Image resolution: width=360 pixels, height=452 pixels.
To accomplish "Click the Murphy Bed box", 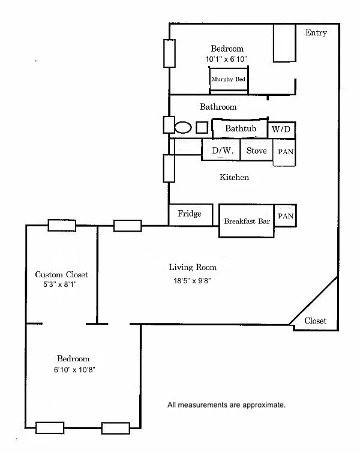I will (x=228, y=79).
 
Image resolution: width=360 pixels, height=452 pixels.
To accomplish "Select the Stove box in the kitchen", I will (x=256, y=151).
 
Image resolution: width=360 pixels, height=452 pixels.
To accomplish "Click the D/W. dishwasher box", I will (x=221, y=151).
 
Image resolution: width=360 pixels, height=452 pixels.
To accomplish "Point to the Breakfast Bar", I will (x=247, y=221).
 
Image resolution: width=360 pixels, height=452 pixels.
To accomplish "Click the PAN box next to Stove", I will (x=285, y=152).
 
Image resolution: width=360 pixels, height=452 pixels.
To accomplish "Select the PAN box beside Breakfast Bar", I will (x=285, y=215).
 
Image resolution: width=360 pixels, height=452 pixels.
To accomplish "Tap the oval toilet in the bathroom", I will (x=183, y=127).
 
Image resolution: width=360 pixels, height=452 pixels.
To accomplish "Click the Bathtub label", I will (x=241, y=128).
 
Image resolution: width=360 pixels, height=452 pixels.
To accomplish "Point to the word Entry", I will (x=316, y=32).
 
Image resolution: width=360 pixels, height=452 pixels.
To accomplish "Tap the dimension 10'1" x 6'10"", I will (x=226, y=59).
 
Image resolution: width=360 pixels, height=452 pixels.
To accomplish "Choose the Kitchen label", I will (x=234, y=177).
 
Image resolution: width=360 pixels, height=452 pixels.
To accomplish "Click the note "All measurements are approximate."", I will (x=226, y=405).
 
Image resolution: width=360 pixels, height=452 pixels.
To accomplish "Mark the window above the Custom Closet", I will (x=62, y=225).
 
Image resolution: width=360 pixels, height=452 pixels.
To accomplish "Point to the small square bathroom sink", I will (x=202, y=127).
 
